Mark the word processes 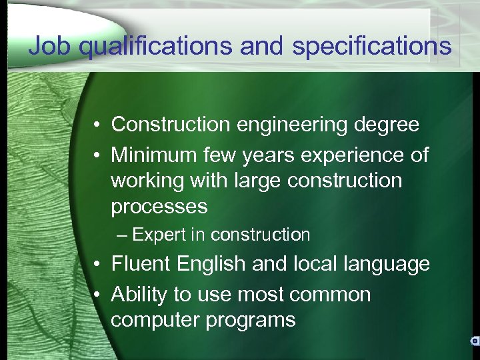pyautogui.click(x=159, y=207)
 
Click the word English pyautogui.click(x=208, y=264)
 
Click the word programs pyautogui.click(x=250, y=320)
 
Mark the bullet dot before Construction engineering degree pyautogui.click(x=97, y=125)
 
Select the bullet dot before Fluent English pyautogui.click(x=97, y=265)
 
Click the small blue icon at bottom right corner pyautogui.click(x=474, y=341)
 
